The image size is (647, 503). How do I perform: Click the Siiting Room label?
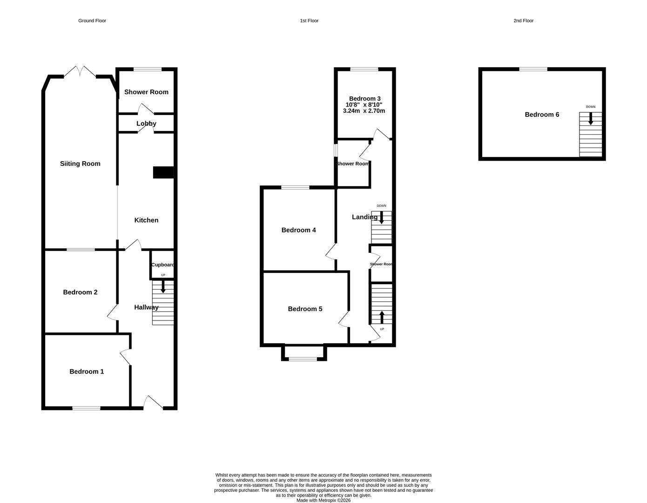(80, 163)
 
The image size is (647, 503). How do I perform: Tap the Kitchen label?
(146, 220)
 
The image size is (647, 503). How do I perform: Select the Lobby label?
(146, 123)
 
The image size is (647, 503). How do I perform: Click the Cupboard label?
(162, 265)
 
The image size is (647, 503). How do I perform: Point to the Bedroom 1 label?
(87, 372)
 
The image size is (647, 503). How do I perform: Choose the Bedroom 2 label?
(80, 292)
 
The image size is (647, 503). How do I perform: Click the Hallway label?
(146, 307)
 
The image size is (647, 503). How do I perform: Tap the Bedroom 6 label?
(542, 115)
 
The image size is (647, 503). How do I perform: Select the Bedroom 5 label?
(305, 309)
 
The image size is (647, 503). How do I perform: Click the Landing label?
(364, 217)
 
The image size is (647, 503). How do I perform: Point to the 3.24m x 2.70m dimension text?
(364, 111)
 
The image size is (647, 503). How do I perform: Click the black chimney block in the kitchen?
(163, 172)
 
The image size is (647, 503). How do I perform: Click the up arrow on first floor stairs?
(382, 317)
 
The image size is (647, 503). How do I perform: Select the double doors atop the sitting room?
(80, 72)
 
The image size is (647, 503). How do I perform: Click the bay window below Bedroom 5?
(303, 359)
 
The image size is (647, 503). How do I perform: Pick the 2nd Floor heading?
(524, 21)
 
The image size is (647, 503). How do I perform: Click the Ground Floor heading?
(92, 21)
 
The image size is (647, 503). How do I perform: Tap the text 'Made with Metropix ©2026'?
(323, 501)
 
